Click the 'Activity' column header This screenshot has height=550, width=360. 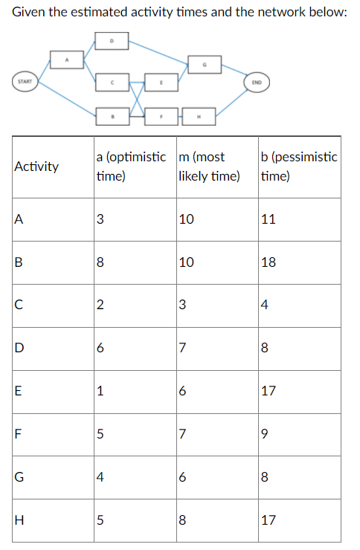coord(36,166)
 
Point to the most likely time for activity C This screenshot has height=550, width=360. coord(184,304)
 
